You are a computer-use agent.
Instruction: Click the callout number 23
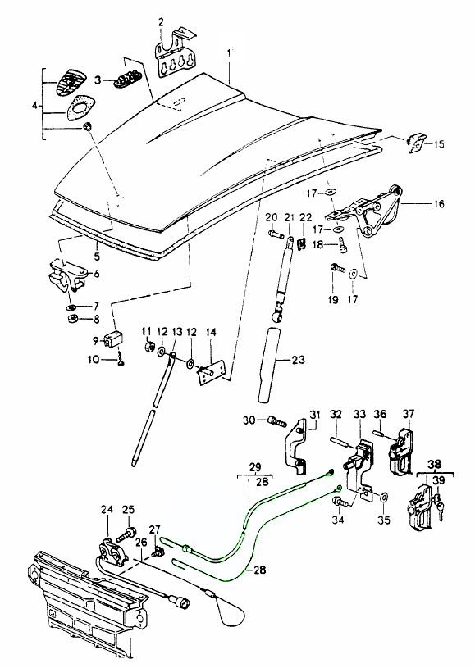tap(299, 360)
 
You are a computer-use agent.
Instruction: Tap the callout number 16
tap(439, 204)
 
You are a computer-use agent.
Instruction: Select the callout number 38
tap(435, 464)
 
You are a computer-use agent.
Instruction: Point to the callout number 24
tap(107, 509)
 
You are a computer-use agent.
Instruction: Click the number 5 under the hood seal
tap(98, 257)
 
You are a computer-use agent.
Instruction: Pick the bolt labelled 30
tap(277, 422)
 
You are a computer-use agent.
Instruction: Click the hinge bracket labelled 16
tap(367, 211)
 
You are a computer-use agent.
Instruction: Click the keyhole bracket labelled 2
tap(176, 54)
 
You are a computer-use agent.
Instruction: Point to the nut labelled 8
tap(72, 318)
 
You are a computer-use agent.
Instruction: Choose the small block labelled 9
tap(114, 339)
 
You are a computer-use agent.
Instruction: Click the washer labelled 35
tap(383, 498)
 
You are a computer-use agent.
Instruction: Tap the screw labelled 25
tap(126, 534)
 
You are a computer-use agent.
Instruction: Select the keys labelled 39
tap(439, 506)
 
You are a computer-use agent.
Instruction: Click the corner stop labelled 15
tap(415, 143)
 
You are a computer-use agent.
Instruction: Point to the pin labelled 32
tap(341, 442)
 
